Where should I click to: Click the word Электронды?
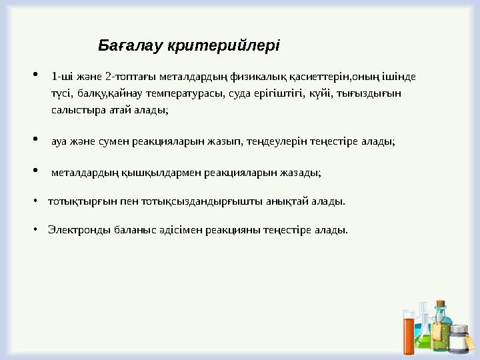pos(75,230)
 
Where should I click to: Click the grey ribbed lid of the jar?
pos(459,330)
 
